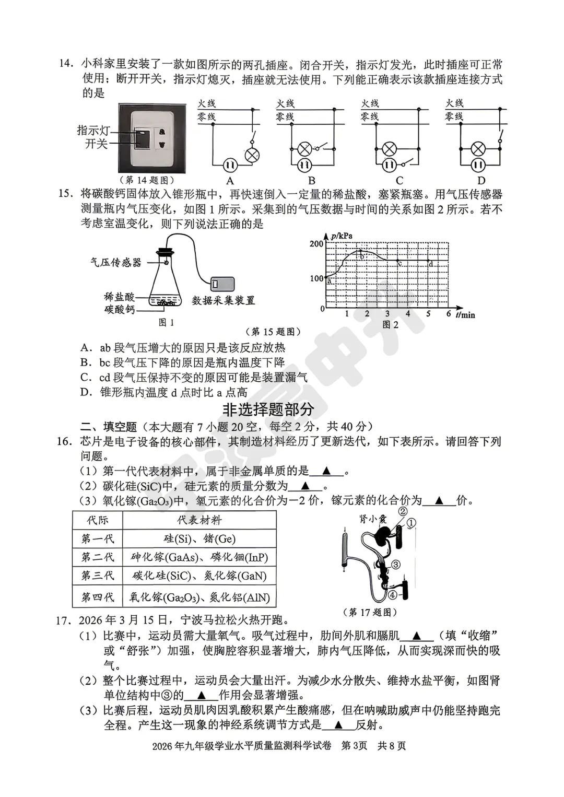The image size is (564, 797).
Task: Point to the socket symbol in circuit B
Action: pos(304,166)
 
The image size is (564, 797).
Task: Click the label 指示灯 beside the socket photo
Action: pos(93,130)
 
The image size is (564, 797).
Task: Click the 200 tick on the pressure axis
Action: pos(316,244)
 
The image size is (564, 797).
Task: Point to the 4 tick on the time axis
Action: pos(408,314)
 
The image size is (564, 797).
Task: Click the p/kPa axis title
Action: pos(342,236)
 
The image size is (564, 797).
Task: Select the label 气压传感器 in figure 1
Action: pos(116,262)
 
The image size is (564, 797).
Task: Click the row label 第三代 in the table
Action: pos(97,576)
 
